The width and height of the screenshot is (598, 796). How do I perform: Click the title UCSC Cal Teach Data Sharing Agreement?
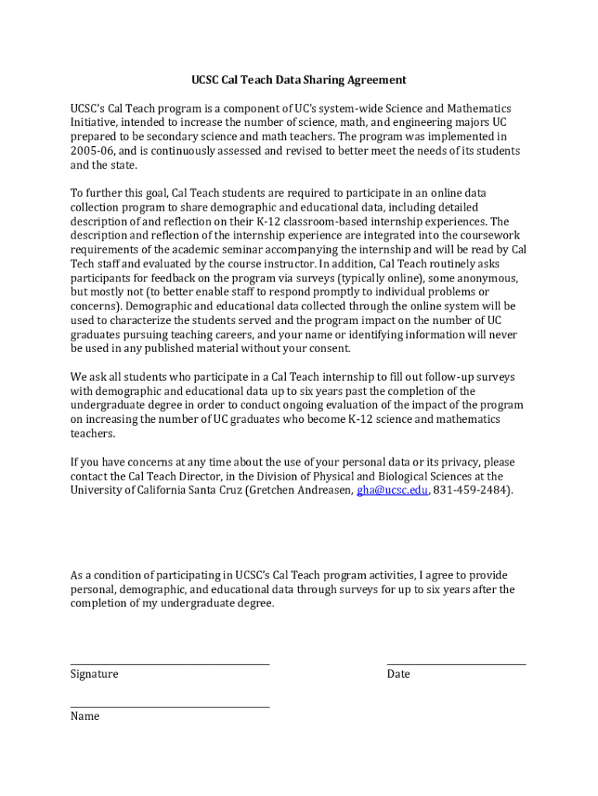click(x=299, y=80)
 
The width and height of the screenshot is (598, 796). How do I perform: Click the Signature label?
click(x=94, y=674)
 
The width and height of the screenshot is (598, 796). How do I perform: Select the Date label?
click(x=398, y=674)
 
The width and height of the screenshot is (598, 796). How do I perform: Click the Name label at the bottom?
click(x=85, y=716)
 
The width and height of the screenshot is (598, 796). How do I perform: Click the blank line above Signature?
click(x=169, y=664)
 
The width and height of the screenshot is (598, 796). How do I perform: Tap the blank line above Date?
click(x=456, y=664)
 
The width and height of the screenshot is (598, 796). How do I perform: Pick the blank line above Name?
click(x=169, y=707)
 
